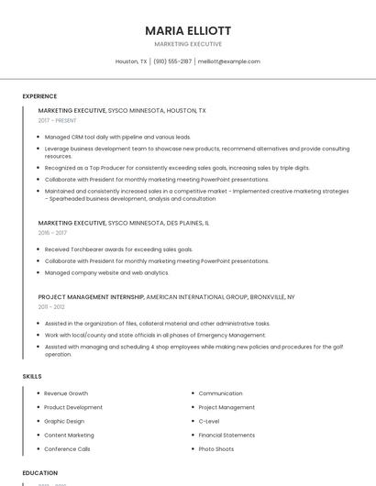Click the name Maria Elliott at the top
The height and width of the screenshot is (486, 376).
click(x=187, y=30)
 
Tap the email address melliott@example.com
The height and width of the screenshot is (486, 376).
click(x=229, y=61)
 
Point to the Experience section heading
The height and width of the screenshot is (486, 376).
click(x=39, y=96)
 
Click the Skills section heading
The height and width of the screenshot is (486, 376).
click(x=32, y=376)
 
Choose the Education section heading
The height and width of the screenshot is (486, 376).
click(x=40, y=473)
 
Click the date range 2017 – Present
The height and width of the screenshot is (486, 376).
click(x=58, y=120)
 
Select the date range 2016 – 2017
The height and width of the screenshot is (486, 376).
click(x=51, y=233)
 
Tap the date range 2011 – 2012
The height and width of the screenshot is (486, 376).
click(x=51, y=307)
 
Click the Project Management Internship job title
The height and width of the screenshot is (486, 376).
click(x=91, y=297)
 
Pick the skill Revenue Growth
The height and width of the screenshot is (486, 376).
click(x=66, y=393)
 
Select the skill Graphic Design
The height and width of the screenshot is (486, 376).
click(x=65, y=421)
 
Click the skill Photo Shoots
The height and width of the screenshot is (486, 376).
click(x=216, y=449)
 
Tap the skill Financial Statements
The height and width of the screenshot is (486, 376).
click(x=227, y=435)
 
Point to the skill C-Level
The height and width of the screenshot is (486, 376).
click(x=209, y=421)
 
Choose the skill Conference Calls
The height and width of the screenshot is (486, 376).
click(x=67, y=449)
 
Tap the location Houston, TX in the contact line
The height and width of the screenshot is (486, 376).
click(x=131, y=61)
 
